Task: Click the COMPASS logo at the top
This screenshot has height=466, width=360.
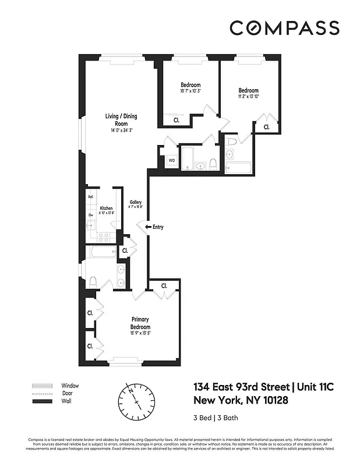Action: [x=284, y=28]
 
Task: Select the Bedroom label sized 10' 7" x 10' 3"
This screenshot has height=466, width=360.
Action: [x=190, y=85]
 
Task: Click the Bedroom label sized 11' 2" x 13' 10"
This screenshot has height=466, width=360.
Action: [x=248, y=90]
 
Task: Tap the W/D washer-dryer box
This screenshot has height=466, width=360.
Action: [x=172, y=160]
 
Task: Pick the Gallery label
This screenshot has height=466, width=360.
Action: [x=135, y=202]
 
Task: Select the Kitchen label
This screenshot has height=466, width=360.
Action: [x=105, y=208]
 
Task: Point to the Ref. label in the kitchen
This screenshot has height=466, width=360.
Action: [x=91, y=197]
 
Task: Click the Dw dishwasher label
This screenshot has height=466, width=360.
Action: [x=91, y=215]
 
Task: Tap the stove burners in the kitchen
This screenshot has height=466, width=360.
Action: [x=104, y=236]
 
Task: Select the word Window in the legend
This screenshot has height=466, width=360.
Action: [x=70, y=386]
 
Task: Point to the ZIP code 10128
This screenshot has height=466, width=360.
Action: [x=271, y=401]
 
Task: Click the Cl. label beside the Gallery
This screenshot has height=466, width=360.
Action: [x=125, y=251]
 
